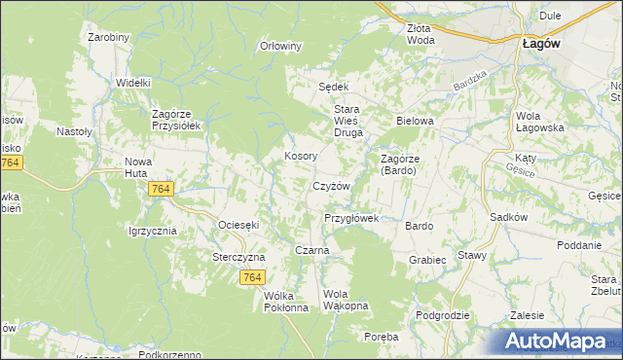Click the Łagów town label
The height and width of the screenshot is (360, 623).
[x=538, y=43]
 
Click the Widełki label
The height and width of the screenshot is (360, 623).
[x=132, y=84]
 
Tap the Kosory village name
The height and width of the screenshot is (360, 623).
[x=300, y=156]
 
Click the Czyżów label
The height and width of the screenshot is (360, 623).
[x=331, y=186]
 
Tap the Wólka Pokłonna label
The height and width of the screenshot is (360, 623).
[x=286, y=301]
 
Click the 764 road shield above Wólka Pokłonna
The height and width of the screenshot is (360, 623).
[x=251, y=278]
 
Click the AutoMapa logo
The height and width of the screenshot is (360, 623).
[x=559, y=342]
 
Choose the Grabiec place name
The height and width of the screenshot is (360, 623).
[x=427, y=260]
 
